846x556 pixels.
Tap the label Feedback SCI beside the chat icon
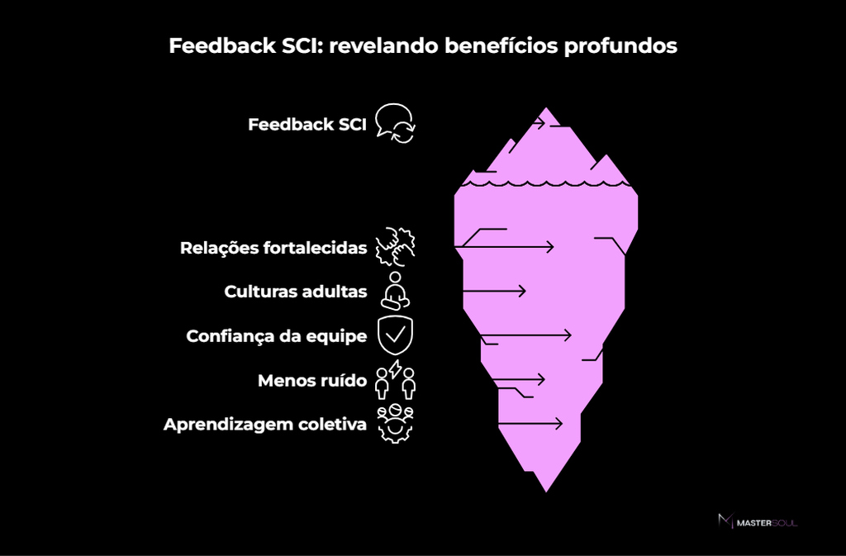(307, 125)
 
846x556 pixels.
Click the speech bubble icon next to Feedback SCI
(395, 122)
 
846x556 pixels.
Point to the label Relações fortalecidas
(273, 248)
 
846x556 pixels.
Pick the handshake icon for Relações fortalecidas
(395, 247)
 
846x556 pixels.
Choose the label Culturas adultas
(296, 292)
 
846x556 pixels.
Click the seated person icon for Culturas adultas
(395, 291)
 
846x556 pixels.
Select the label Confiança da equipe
(277, 335)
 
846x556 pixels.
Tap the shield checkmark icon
(395, 335)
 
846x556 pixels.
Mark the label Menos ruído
(312, 380)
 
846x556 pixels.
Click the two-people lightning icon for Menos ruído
(395, 379)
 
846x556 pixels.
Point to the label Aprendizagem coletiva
(265, 425)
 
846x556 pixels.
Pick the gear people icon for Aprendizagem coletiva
(395, 424)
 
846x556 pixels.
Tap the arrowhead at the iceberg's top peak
(542, 124)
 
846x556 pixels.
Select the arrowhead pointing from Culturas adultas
(522, 291)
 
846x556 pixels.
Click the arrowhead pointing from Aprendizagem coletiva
(558, 424)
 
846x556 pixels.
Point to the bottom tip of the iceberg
(546, 490)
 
